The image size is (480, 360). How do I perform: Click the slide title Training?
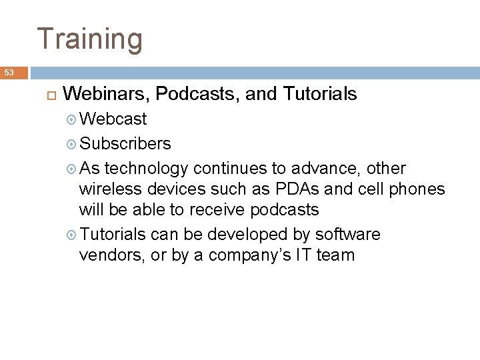point(89,38)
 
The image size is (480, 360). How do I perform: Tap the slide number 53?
point(8,72)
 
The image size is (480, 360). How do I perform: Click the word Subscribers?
point(125,143)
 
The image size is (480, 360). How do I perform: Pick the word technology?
point(149,167)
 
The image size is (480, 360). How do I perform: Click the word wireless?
point(107,189)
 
